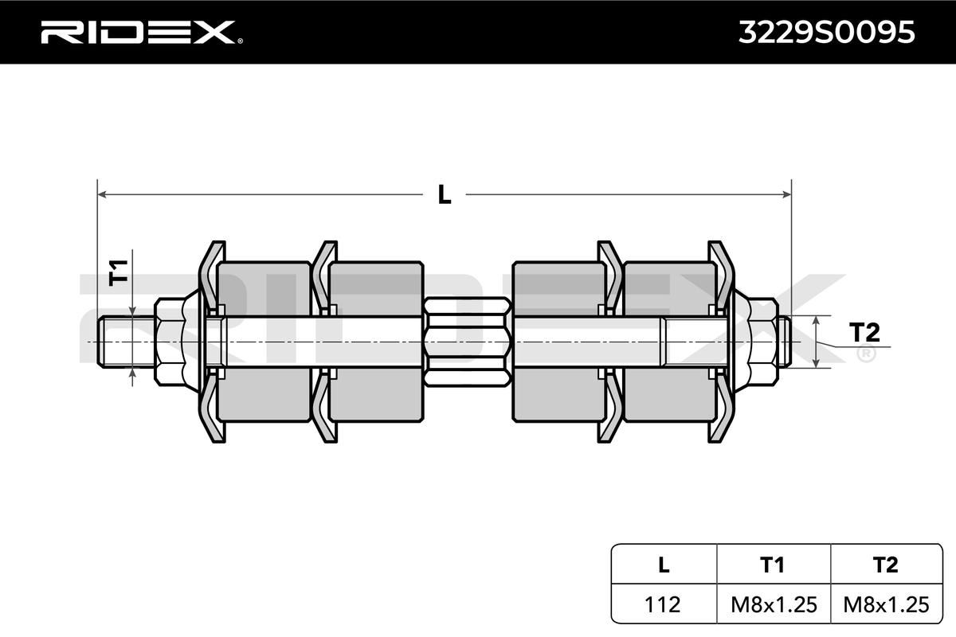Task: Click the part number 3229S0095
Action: (826, 32)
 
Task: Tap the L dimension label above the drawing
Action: (444, 193)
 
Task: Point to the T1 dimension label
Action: (118, 272)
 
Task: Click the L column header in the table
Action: (663, 565)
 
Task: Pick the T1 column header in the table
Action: (773, 565)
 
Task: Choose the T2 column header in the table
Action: (885, 565)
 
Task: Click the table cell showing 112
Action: (663, 604)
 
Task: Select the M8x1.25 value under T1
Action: (773, 604)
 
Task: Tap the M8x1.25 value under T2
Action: (885, 604)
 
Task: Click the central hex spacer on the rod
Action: (467, 341)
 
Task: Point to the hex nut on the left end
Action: (170, 341)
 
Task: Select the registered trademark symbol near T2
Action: (864, 354)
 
